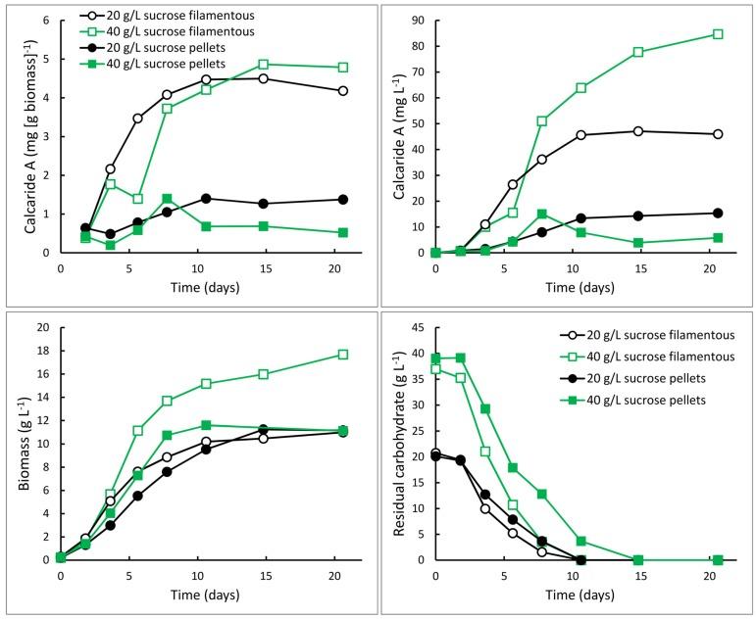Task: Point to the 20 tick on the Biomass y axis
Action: point(43,329)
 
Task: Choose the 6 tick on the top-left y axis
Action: point(47,21)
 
